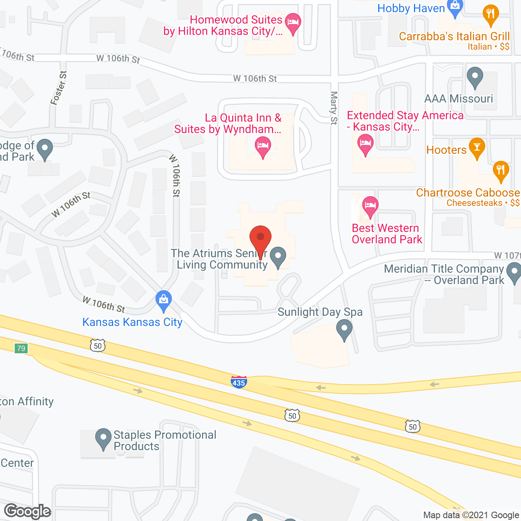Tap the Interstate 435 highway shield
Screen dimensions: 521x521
(239, 382)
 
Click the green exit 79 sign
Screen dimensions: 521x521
(21, 348)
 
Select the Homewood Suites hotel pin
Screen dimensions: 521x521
(293, 23)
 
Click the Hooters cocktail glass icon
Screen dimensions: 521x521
(477, 148)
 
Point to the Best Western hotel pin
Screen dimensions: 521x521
(370, 206)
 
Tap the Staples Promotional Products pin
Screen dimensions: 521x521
(103, 438)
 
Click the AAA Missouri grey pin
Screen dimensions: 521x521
(475, 77)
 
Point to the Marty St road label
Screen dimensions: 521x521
(334, 108)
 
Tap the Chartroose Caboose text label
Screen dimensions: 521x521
(468, 193)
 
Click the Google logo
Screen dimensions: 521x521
(28, 511)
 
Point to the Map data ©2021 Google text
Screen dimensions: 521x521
(471, 515)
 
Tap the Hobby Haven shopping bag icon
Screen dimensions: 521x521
(455, 7)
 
